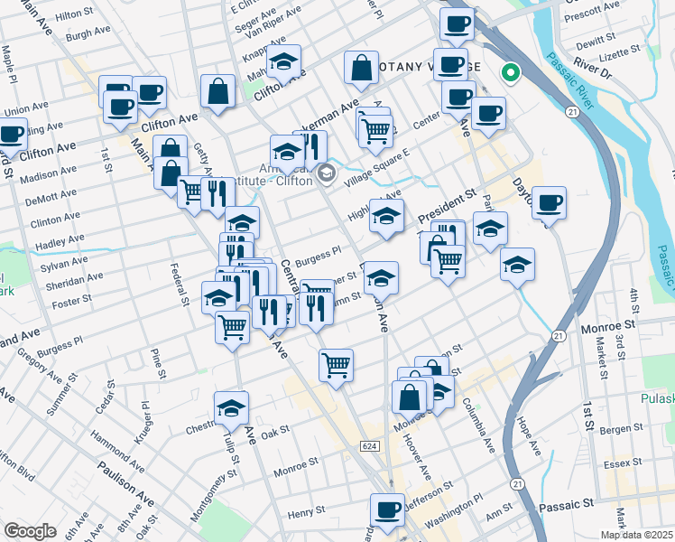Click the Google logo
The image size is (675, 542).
pyautogui.click(x=30, y=531)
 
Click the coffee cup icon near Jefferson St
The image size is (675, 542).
pyautogui.click(x=388, y=509)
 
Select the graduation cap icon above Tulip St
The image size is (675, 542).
pyautogui.click(x=232, y=408)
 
